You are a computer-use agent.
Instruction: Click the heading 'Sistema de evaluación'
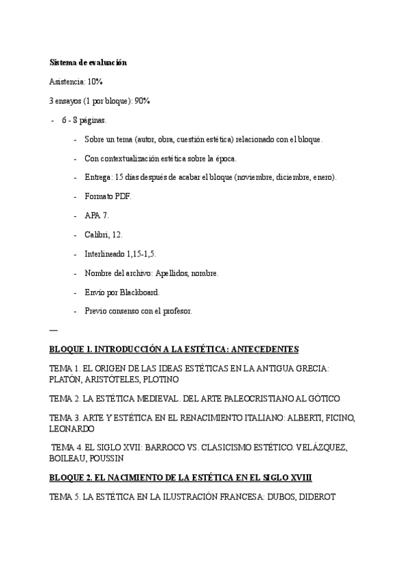[88, 62]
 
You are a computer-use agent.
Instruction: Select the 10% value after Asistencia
[95, 81]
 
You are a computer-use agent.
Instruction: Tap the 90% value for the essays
[142, 101]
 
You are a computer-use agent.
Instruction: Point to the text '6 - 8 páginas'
[83, 120]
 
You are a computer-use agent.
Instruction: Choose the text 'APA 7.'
[96, 215]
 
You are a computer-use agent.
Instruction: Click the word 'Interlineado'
[105, 254]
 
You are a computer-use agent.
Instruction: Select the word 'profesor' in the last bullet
[177, 311]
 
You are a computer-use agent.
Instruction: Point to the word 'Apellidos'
[181, 273]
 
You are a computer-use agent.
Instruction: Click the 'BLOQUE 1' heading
[174, 350]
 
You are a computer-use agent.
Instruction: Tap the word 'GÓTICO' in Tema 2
[320, 398]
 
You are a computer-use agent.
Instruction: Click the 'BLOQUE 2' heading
[181, 478]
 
